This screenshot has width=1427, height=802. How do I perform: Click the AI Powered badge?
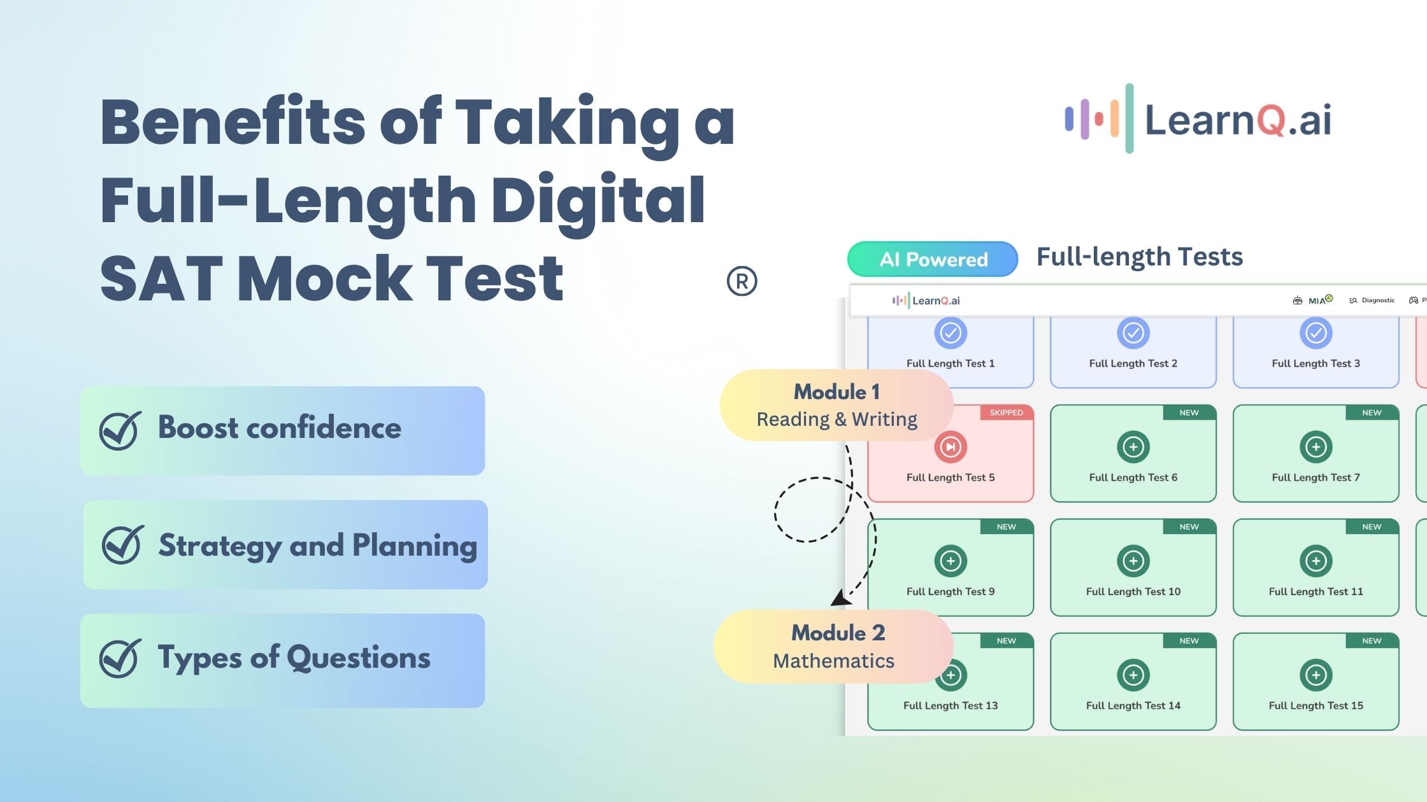(x=933, y=260)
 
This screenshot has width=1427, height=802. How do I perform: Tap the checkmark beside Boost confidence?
(x=120, y=430)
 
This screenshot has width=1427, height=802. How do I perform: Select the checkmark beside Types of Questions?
(x=120, y=658)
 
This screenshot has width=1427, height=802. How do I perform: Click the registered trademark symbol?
(x=742, y=281)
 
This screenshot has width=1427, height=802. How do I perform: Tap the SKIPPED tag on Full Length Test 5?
(x=1006, y=412)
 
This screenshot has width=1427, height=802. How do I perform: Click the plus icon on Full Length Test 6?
(x=1133, y=447)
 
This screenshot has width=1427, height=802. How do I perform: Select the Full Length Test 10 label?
(x=1133, y=591)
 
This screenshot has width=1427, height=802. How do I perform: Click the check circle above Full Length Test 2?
(x=1133, y=333)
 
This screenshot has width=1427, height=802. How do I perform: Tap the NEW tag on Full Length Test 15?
(x=1371, y=641)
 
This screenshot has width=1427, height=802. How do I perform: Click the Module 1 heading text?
(x=836, y=392)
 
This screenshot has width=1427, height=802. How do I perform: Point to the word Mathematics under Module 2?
(x=833, y=661)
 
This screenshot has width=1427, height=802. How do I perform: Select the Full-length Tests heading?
(x=1139, y=257)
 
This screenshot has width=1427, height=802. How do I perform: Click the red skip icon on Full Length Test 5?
(x=950, y=447)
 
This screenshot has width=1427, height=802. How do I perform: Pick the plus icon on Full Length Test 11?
(x=1316, y=561)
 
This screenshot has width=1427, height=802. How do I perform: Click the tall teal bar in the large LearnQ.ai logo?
(x=1129, y=118)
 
